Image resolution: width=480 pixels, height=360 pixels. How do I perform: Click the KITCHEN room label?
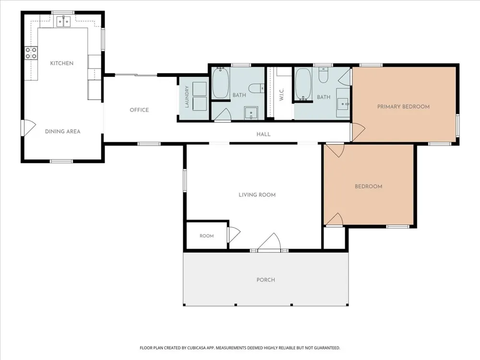pyautogui.click(x=62, y=63)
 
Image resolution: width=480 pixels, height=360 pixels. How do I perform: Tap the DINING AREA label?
pyautogui.click(x=63, y=132)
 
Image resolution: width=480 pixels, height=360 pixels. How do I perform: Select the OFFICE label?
pyautogui.click(x=139, y=110)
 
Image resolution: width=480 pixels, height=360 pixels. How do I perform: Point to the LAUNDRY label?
pyautogui.click(x=187, y=97)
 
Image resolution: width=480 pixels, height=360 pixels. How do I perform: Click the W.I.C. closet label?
pyautogui.click(x=282, y=94)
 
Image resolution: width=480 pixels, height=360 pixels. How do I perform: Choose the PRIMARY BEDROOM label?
pyautogui.click(x=404, y=107)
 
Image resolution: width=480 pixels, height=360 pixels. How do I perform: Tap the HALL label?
pyautogui.click(x=264, y=134)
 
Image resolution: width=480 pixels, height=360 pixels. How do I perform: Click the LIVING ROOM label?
pyautogui.click(x=257, y=195)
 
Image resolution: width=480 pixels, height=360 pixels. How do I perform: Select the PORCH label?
pyautogui.click(x=266, y=280)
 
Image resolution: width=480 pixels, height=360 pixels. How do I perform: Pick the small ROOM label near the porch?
pyautogui.click(x=206, y=236)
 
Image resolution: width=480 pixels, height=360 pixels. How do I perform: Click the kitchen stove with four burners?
pyautogui.click(x=31, y=53)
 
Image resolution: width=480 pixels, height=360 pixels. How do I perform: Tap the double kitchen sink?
pyautogui.click(x=64, y=22)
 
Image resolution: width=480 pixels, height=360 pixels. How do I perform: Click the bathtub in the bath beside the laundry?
pyautogui.click(x=220, y=83)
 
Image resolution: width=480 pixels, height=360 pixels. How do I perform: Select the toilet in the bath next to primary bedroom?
pyautogui.click(x=323, y=75)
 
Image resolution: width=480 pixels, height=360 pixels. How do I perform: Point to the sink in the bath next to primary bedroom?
pyautogui.click(x=343, y=103)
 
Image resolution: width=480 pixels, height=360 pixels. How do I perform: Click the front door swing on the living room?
pyautogui.click(x=269, y=242)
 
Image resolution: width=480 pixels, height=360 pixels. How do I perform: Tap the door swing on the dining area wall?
pyautogui.click(x=28, y=128)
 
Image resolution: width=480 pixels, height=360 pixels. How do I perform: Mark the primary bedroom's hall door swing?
pyautogui.click(x=358, y=132)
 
